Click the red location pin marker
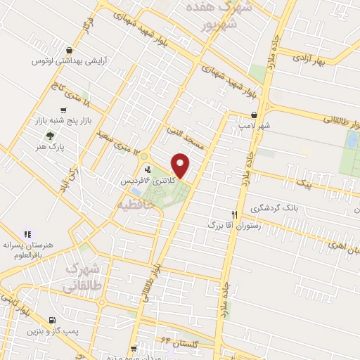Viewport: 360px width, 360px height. [x=181, y=166]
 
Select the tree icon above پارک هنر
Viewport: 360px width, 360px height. [x=49, y=136]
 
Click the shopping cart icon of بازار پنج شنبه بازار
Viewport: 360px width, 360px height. [x=63, y=110]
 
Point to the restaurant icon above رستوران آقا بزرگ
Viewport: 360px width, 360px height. [x=235, y=214]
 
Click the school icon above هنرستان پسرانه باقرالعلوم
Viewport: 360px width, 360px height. [x=27, y=233]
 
